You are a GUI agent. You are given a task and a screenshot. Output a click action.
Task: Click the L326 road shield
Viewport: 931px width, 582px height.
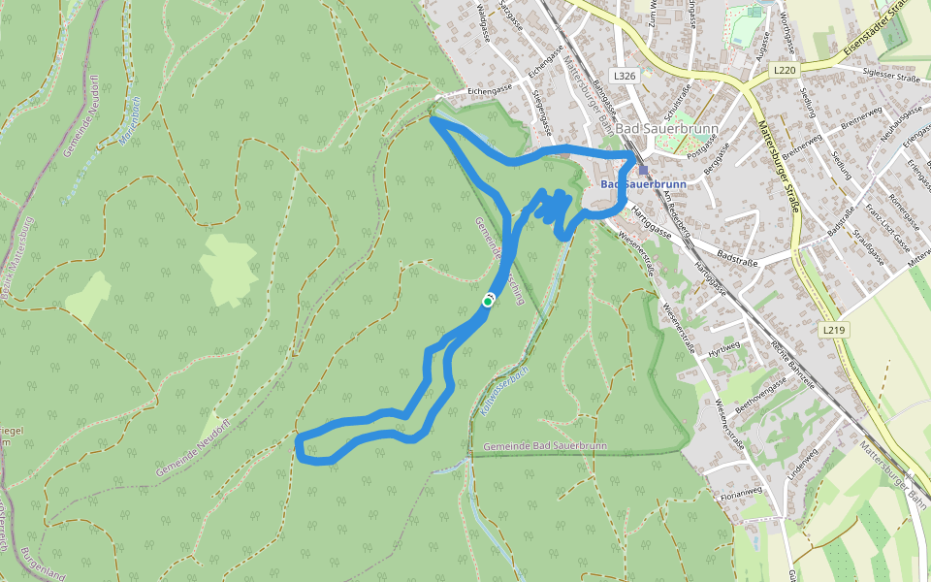coord(625,75)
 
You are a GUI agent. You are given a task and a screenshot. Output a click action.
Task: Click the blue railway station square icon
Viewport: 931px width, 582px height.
coord(643,169)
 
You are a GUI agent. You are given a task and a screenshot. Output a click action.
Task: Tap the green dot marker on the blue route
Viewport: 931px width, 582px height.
coord(488,302)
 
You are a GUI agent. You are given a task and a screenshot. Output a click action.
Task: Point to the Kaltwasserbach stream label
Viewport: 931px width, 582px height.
coord(503,389)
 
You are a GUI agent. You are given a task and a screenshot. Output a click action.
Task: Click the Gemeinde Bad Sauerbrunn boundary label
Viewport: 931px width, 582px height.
coord(544,445)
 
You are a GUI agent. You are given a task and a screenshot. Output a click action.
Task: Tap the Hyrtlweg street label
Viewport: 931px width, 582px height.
coord(723,348)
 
